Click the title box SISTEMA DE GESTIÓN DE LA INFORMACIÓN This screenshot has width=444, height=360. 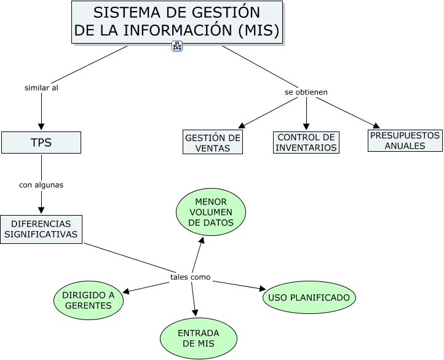(x=177, y=22)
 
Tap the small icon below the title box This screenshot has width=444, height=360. (x=177, y=46)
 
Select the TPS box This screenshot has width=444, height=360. (x=41, y=143)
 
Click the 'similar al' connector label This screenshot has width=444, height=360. (x=41, y=88)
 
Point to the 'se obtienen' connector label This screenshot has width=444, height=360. (x=306, y=92)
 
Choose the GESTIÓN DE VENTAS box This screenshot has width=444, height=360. (x=213, y=143)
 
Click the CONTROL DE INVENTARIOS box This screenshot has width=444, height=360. (x=306, y=143)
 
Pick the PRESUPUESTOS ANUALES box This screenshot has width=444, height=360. (x=405, y=141)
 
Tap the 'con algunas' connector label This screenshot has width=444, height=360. (x=41, y=184)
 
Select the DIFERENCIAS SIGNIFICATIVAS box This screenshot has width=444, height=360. (x=41, y=229)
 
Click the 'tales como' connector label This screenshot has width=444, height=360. (x=191, y=277)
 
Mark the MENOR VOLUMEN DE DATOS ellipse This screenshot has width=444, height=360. (x=211, y=212)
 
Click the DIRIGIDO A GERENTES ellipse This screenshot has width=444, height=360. (x=89, y=300)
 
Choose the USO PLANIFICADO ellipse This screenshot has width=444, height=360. (x=310, y=298)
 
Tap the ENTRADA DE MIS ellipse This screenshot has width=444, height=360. (x=199, y=338)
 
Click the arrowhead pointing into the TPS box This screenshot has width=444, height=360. (x=41, y=127)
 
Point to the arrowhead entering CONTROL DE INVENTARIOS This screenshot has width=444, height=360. (x=306, y=127)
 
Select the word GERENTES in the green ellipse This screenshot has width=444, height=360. (x=89, y=306)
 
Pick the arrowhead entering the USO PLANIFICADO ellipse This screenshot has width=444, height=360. (x=261, y=288)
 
